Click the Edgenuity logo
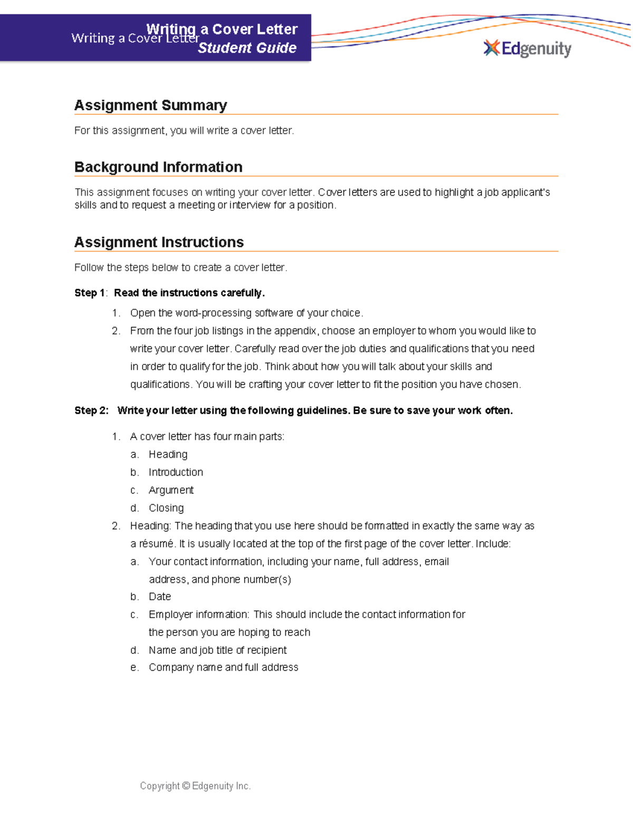click(527, 49)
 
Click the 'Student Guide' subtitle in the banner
click(247, 48)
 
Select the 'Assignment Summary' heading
click(150, 105)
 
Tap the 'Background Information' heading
click(158, 167)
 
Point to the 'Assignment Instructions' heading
click(159, 243)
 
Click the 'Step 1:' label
click(91, 293)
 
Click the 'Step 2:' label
click(91, 411)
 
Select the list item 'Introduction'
click(176, 473)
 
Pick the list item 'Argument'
click(171, 490)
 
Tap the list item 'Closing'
click(166, 508)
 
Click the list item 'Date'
click(160, 597)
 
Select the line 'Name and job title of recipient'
click(217, 650)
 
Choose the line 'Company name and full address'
click(223, 668)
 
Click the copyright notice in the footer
click(195, 786)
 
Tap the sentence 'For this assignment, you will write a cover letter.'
click(184, 131)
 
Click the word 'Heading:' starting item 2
click(151, 526)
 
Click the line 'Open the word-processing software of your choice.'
click(246, 313)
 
